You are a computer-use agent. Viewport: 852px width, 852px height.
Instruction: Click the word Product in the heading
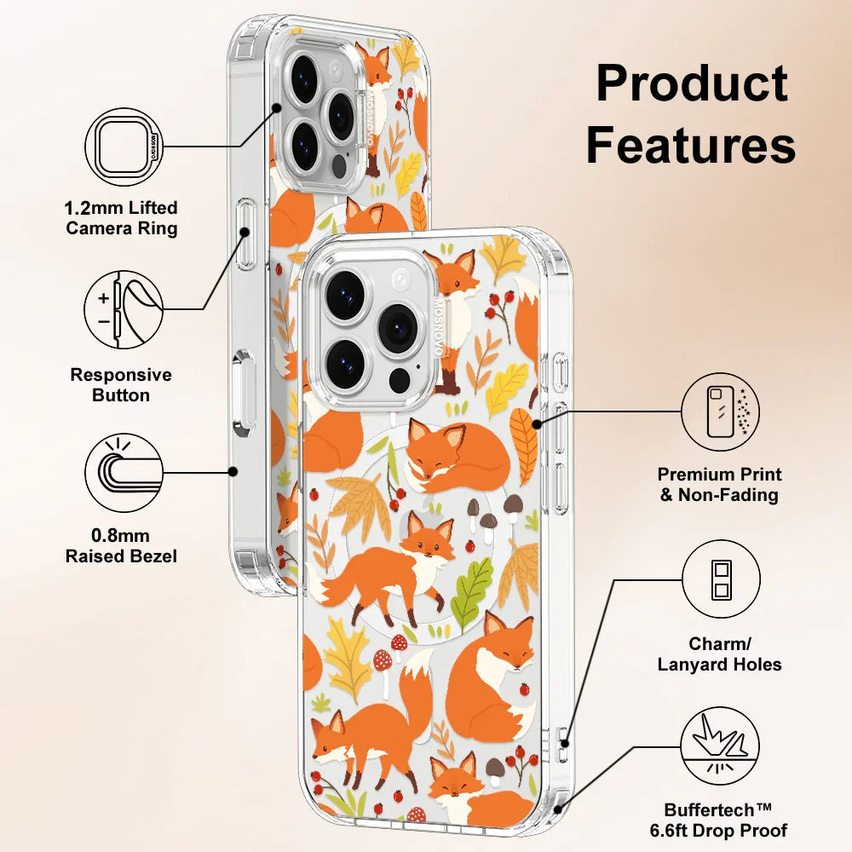[x=691, y=83]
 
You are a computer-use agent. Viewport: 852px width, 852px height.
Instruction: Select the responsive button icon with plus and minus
[x=124, y=308]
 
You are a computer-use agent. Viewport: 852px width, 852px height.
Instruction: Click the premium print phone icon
[x=721, y=411]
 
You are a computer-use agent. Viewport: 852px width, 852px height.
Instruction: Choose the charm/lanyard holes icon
[x=721, y=579]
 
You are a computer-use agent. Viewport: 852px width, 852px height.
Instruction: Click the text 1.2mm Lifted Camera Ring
[x=122, y=218]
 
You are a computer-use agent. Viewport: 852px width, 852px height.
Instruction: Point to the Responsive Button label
[x=121, y=385]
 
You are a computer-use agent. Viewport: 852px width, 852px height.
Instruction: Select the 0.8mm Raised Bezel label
[x=122, y=545]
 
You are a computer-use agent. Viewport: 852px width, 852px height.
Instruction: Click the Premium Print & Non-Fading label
[x=720, y=485]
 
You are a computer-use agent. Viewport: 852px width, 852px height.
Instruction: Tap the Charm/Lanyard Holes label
[x=720, y=654]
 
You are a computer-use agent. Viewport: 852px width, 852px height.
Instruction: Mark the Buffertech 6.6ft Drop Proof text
[x=725, y=820]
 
